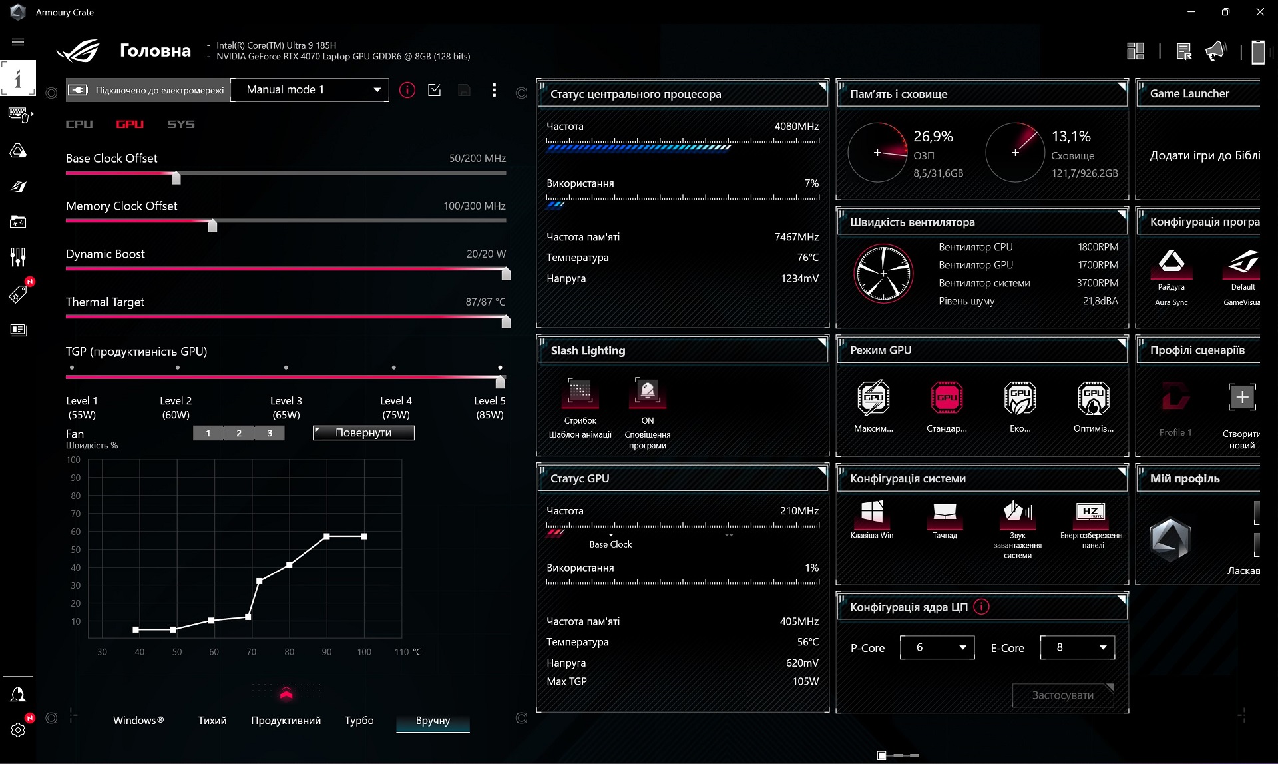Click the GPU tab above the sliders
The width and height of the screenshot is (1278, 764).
click(x=130, y=124)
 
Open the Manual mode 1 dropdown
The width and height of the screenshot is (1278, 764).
click(x=310, y=90)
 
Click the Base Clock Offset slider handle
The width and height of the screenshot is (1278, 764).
click(x=176, y=177)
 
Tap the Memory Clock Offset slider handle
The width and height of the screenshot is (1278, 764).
click(x=212, y=225)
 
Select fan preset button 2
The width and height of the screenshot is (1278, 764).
click(x=239, y=433)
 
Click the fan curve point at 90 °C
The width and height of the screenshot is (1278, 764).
click(x=327, y=536)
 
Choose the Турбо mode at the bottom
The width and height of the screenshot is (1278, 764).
click(x=359, y=720)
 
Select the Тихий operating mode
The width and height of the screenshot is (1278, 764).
click(x=212, y=720)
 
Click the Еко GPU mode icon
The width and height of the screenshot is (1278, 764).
click(x=1020, y=398)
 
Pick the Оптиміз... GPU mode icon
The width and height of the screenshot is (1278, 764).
click(x=1093, y=398)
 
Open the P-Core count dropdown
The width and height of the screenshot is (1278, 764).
click(x=937, y=647)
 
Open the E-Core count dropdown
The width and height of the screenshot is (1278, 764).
click(x=1078, y=647)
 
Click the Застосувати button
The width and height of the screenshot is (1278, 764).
click(x=1063, y=695)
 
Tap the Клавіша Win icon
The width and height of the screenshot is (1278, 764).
click(x=872, y=512)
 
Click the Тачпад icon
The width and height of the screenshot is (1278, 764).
click(x=945, y=512)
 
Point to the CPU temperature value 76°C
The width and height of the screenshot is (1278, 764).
click(x=807, y=258)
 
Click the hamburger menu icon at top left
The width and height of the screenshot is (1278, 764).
click(x=18, y=42)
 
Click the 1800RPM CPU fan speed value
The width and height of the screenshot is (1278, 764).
click(x=1098, y=247)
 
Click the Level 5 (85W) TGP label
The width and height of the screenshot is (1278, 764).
click(x=489, y=408)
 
